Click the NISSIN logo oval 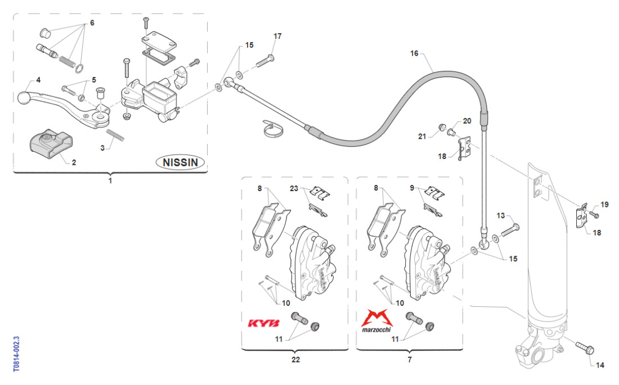180,162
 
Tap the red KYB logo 263,324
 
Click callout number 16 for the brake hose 415,54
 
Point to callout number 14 599,365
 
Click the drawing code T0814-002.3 16,354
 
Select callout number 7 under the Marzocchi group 409,359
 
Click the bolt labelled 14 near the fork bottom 584,347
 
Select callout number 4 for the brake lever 38,80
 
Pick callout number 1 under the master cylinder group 110,181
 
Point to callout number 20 467,121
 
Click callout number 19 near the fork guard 604,205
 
